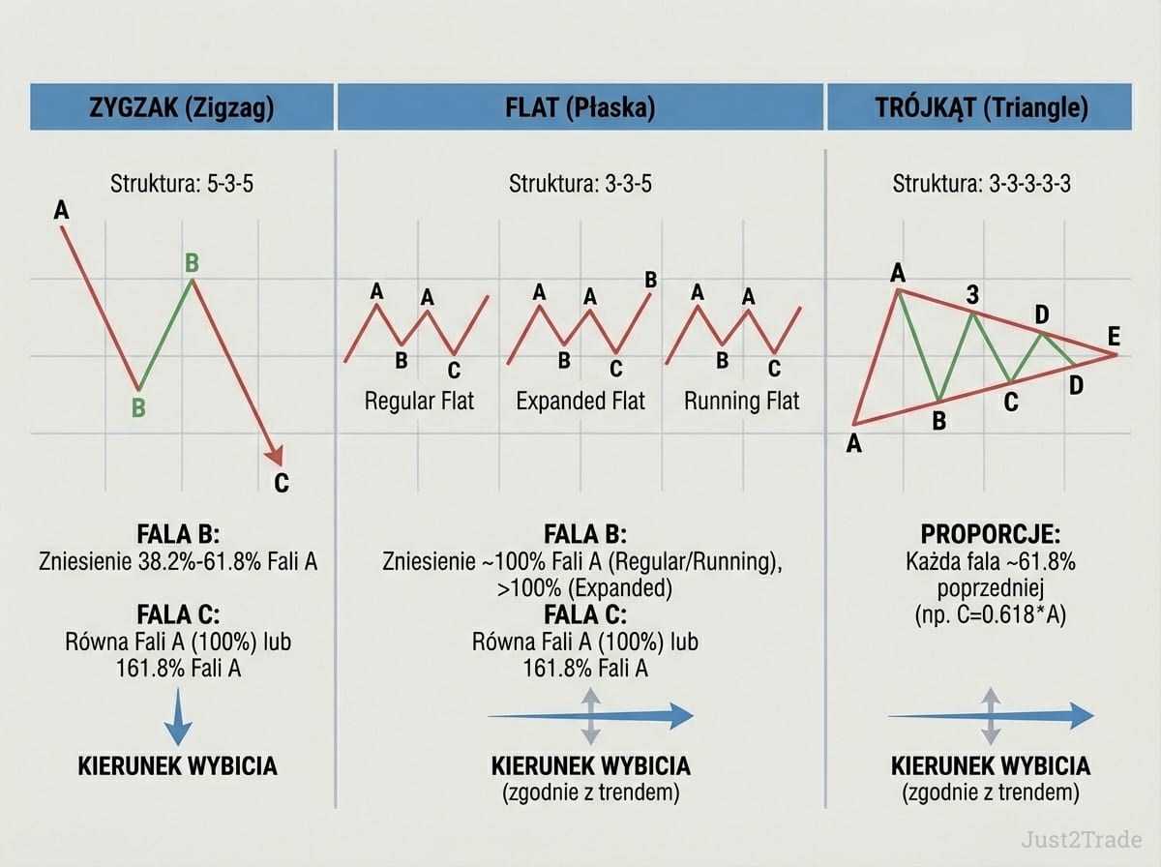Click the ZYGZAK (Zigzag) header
182,106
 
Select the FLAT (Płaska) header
580,106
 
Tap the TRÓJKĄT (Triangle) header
979,106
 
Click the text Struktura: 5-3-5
182,184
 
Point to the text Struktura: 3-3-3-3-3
982,184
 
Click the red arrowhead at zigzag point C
276,456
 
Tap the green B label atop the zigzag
192,262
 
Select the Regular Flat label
419,401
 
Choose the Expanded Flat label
580,401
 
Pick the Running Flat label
741,401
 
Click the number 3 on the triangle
972,294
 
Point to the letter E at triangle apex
1114,336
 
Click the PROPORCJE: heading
990,534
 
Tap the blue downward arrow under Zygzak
178,717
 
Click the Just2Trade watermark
1081,840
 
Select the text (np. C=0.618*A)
990,614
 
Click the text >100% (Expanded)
584,588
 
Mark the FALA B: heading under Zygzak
178,534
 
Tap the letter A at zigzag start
61,210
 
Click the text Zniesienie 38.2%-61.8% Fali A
178,561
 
